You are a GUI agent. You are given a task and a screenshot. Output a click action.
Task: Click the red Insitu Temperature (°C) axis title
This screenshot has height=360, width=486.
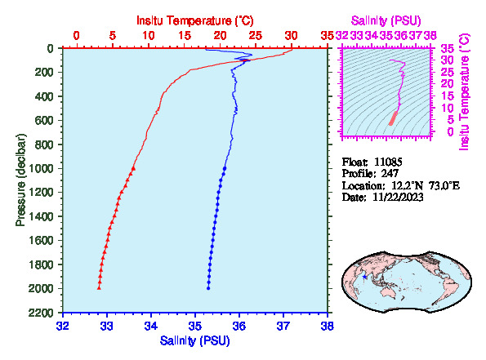(195, 20)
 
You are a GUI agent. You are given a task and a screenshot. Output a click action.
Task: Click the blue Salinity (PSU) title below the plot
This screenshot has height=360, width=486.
(195, 340)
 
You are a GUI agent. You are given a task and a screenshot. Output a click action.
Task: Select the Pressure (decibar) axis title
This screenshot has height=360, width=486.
(20, 180)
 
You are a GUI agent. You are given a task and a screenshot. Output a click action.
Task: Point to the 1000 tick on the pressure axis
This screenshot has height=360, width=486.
(42, 168)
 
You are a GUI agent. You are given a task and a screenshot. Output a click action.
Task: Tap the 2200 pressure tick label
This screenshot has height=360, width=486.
(42, 313)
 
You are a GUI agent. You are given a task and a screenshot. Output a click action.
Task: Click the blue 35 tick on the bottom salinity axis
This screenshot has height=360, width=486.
(195, 327)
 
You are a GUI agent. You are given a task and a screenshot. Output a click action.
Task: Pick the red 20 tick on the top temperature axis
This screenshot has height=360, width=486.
(220, 36)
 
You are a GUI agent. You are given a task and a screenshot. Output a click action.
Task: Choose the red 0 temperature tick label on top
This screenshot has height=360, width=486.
(76, 36)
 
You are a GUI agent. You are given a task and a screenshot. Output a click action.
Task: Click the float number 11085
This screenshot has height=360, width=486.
(388, 162)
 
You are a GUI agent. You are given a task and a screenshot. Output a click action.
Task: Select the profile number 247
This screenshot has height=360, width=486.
(390, 174)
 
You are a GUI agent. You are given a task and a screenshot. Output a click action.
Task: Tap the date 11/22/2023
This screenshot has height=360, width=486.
(398, 197)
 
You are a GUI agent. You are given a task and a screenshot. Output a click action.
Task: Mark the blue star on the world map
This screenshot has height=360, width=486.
(364, 277)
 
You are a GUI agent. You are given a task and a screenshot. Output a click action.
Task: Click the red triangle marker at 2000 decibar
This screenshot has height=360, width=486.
(99, 288)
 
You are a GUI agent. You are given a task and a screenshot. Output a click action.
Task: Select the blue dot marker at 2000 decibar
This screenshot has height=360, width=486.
(208, 288)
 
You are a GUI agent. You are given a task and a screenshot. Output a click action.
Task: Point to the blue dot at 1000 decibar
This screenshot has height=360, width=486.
(225, 168)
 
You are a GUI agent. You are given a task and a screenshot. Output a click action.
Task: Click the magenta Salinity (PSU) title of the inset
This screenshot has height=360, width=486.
(386, 20)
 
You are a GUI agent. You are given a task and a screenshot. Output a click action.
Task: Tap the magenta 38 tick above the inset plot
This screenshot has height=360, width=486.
(430, 36)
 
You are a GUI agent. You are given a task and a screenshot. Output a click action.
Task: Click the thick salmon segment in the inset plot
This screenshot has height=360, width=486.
(394, 118)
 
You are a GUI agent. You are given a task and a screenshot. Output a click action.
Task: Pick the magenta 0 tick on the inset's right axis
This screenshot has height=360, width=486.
(450, 131)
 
